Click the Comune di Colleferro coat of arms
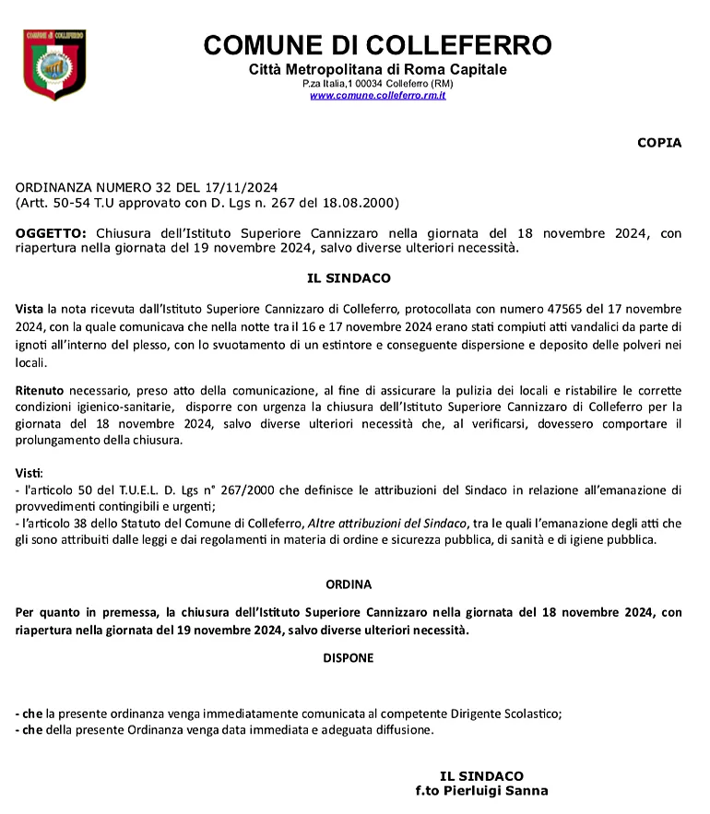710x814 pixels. (54, 65)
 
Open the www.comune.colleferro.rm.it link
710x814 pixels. (377, 95)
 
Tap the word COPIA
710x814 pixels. (659, 143)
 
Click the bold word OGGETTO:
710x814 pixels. (52, 233)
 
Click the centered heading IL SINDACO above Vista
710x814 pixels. (349, 277)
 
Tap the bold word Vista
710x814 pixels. (30, 307)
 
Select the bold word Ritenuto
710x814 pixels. (40, 391)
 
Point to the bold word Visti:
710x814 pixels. (30, 473)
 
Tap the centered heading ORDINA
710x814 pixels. (349, 584)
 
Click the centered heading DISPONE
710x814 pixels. (349, 658)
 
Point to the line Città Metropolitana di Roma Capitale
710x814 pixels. (377, 70)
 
